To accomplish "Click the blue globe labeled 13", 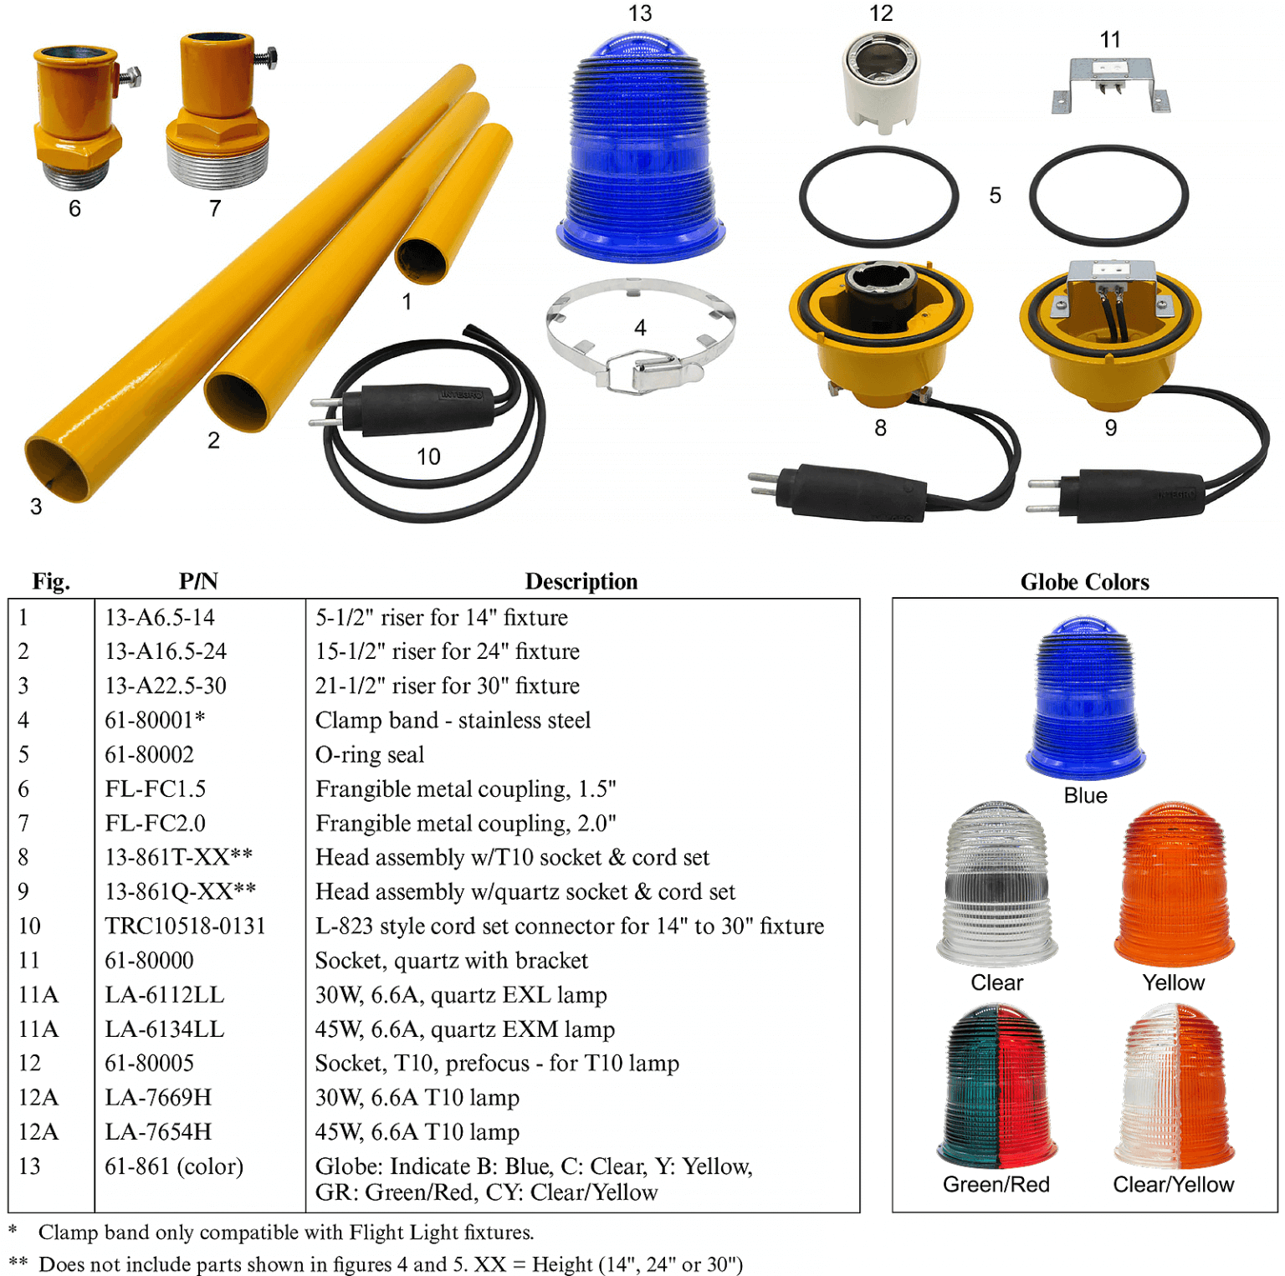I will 640,151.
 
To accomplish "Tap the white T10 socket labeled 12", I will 881,80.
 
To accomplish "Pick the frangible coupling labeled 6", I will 76,117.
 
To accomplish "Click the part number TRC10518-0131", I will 185,926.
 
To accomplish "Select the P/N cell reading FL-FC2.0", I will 156,823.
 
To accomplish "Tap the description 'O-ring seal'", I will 370,754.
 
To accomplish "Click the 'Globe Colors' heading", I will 1084,582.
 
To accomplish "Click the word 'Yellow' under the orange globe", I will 1174,983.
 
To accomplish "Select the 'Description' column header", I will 581,581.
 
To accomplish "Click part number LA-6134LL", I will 165,1028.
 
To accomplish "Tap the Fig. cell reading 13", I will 29,1166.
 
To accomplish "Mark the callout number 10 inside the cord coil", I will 428,457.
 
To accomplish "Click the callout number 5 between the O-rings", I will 995,196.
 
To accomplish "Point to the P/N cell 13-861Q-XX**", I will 181,891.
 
